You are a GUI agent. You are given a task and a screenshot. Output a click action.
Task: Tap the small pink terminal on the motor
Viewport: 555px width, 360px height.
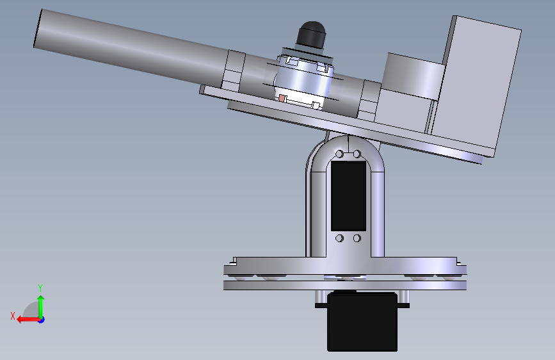pyautogui.click(x=282, y=98)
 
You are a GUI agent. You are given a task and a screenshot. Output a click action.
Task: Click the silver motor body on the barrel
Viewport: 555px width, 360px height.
pyautogui.click(x=303, y=79)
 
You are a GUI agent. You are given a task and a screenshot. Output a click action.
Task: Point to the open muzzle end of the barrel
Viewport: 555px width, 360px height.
pyautogui.click(x=38, y=28)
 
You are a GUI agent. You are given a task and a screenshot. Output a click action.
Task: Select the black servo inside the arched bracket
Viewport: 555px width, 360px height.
pyautogui.click(x=348, y=195)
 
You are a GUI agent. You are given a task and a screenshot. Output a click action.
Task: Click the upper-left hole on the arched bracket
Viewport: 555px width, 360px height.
pyautogui.click(x=339, y=154)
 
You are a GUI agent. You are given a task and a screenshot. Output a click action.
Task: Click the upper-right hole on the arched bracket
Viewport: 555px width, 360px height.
pyautogui.click(x=357, y=154)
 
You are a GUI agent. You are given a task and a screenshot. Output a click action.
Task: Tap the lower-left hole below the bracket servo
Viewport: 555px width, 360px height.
pyautogui.click(x=339, y=238)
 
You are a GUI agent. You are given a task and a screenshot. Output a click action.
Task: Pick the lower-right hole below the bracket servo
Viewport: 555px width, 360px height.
pyautogui.click(x=357, y=238)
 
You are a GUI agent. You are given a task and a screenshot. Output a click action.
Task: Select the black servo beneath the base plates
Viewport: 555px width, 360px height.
pyautogui.click(x=362, y=322)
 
